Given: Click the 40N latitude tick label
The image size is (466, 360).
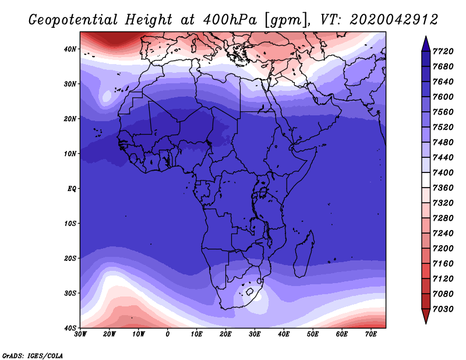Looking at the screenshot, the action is [x=70, y=49].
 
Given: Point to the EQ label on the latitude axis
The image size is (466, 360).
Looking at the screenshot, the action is [x=72, y=189].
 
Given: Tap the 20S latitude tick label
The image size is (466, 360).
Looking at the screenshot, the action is [x=70, y=258].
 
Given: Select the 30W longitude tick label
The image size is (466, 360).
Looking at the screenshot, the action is [x=80, y=334].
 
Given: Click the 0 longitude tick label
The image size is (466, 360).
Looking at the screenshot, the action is [x=168, y=334].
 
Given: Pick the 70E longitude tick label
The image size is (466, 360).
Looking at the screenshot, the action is [x=371, y=334].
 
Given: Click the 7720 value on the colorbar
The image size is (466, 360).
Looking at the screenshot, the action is [x=443, y=51].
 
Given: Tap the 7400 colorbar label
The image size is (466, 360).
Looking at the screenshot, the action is [x=443, y=172].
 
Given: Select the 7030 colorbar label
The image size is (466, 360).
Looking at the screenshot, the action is [x=443, y=309].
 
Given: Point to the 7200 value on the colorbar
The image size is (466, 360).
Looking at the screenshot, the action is [x=443, y=249].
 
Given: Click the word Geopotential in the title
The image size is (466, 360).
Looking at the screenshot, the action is [x=73, y=20].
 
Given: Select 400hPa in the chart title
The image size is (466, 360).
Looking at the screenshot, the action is [x=230, y=20].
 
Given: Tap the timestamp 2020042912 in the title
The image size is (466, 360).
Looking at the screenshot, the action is [x=394, y=20].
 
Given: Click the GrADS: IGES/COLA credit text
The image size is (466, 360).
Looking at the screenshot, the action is [x=33, y=355].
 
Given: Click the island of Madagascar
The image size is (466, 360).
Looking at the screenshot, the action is [x=304, y=254].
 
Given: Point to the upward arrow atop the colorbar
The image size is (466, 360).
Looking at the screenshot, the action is [x=426, y=44].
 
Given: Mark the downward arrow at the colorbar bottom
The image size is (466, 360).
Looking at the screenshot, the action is [x=426, y=316].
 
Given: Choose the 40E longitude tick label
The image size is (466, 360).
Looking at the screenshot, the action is [x=284, y=334].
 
